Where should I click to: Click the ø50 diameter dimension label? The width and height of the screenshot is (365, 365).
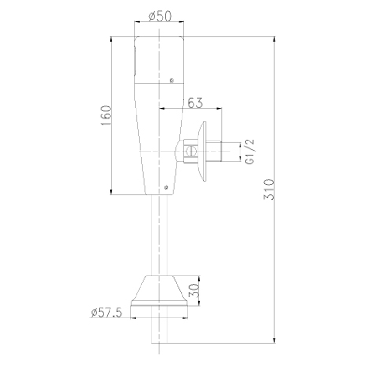(x=160, y=16)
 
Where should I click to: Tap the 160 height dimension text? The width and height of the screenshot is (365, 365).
(x=106, y=116)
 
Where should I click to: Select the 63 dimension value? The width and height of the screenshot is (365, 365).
(x=195, y=103)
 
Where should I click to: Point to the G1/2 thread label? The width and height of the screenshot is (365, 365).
(x=250, y=152)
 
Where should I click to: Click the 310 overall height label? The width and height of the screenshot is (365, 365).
(x=269, y=189)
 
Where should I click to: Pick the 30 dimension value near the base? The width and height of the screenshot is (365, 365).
(x=194, y=290)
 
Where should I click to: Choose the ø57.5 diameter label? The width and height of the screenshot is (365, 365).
(x=107, y=312)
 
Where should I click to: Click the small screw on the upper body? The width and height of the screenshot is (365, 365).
(x=172, y=81)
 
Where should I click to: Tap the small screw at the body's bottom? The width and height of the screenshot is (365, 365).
(x=166, y=187)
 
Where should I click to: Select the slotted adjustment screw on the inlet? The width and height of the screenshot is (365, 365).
(x=191, y=151)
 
